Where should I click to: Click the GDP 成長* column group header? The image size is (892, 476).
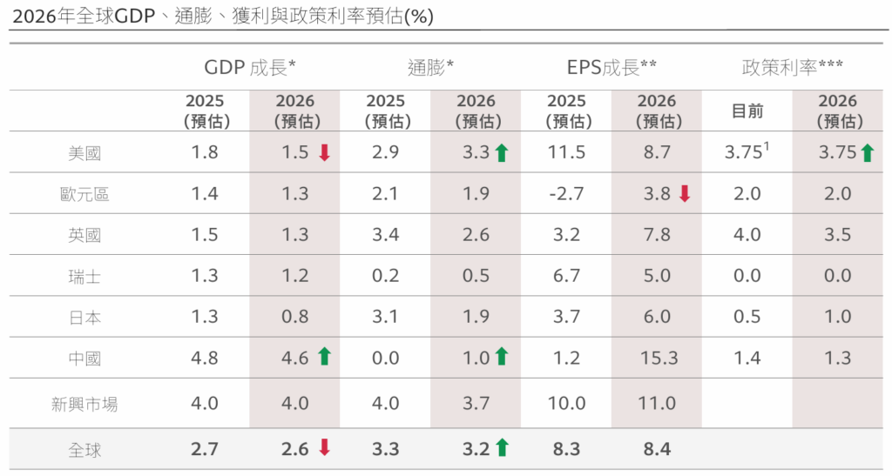(250, 68)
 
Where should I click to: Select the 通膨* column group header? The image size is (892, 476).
(431, 68)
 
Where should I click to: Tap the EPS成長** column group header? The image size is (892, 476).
(612, 68)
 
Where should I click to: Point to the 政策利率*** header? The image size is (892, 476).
(792, 68)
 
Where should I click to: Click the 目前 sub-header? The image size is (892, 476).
(747, 111)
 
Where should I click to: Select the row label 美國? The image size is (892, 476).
(84, 153)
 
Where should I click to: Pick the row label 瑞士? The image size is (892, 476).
(84, 277)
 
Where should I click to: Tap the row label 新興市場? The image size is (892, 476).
(84, 405)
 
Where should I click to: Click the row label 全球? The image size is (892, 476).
(84, 450)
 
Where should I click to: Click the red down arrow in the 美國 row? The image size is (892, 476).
(324, 153)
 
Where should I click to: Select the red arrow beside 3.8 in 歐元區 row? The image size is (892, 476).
(684, 194)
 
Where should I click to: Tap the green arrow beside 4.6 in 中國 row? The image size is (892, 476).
(324, 356)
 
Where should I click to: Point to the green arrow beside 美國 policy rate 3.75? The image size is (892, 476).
(866, 153)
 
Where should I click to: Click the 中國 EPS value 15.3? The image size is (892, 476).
(656, 357)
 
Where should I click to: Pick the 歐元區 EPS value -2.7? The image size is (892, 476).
(565, 194)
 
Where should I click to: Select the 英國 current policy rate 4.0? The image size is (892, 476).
(747, 235)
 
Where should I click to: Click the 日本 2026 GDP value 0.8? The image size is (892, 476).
(295, 318)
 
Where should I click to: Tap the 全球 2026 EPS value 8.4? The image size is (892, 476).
(656, 450)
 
